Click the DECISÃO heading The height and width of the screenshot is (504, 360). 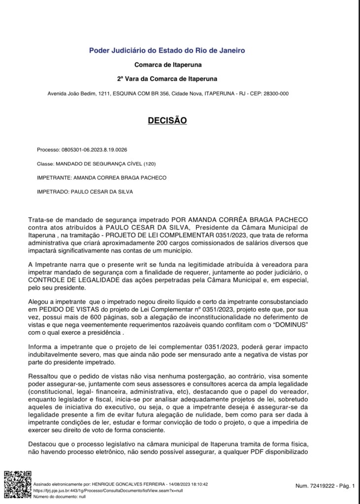[167, 120]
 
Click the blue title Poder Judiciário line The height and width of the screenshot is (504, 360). [166, 50]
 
